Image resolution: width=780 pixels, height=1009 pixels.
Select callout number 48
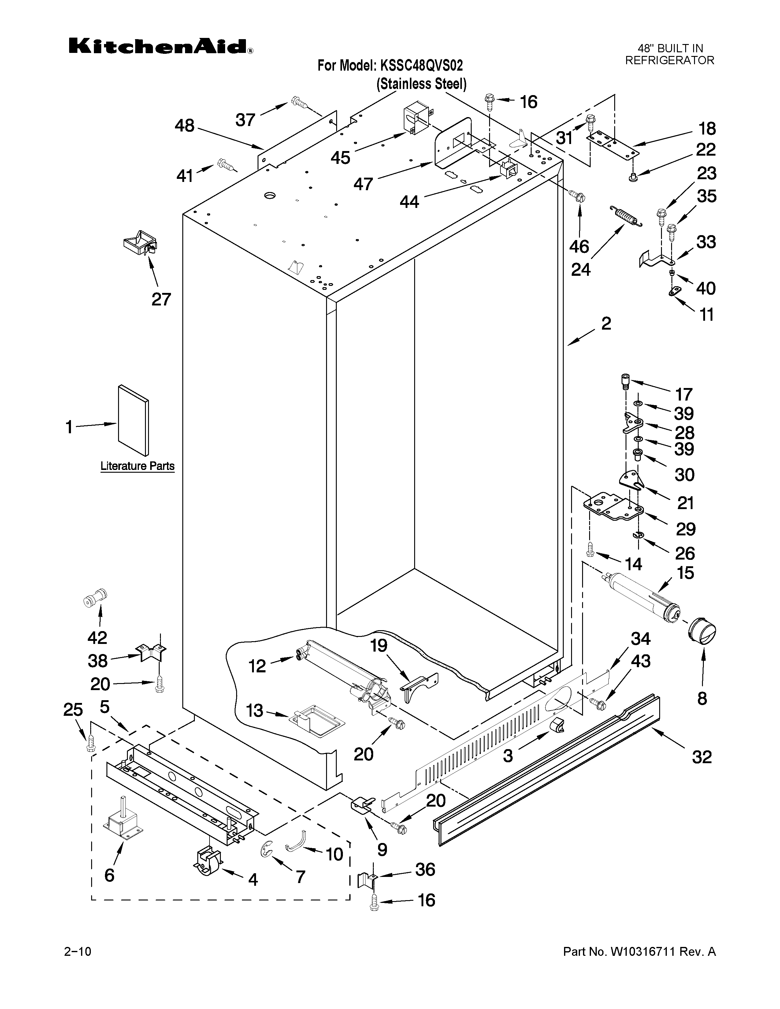click(x=184, y=126)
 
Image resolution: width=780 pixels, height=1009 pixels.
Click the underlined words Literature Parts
click(x=138, y=466)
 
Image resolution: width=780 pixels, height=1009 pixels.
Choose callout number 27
click(x=161, y=299)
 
